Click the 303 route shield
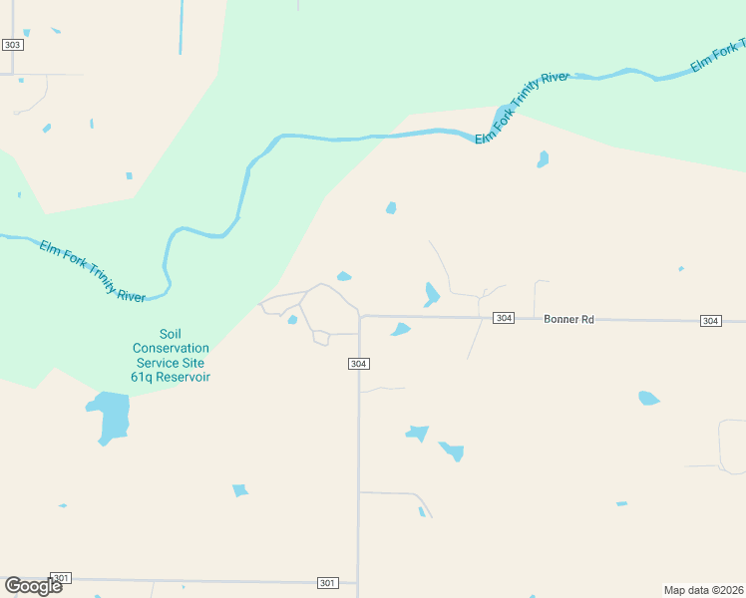coord(12,45)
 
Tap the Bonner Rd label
coord(568,319)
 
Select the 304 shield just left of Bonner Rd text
coord(504,318)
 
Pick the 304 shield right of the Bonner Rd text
coord(710,320)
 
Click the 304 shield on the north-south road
coord(359,364)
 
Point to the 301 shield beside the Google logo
coord(62,578)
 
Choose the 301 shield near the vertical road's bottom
coord(327,582)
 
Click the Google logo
coord(33,586)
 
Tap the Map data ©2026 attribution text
coord(703,589)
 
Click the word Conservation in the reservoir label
coord(171,348)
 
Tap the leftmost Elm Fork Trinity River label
coord(92,270)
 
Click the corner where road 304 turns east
coord(359,316)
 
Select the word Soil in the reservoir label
coord(171,334)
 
